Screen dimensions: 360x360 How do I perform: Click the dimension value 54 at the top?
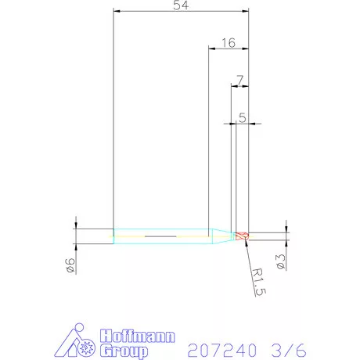click(181, 5)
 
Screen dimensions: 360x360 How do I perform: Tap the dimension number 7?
click(239, 80)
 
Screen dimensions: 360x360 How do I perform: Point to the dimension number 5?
click(243, 118)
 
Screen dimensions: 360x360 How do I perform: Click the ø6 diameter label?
click(70, 265)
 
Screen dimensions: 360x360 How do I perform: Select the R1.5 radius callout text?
click(261, 281)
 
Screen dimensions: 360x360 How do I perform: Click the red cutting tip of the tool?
click(243, 235)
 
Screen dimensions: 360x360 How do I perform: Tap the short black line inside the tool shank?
click(160, 235)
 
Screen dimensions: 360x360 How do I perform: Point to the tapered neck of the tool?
click(221, 235)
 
